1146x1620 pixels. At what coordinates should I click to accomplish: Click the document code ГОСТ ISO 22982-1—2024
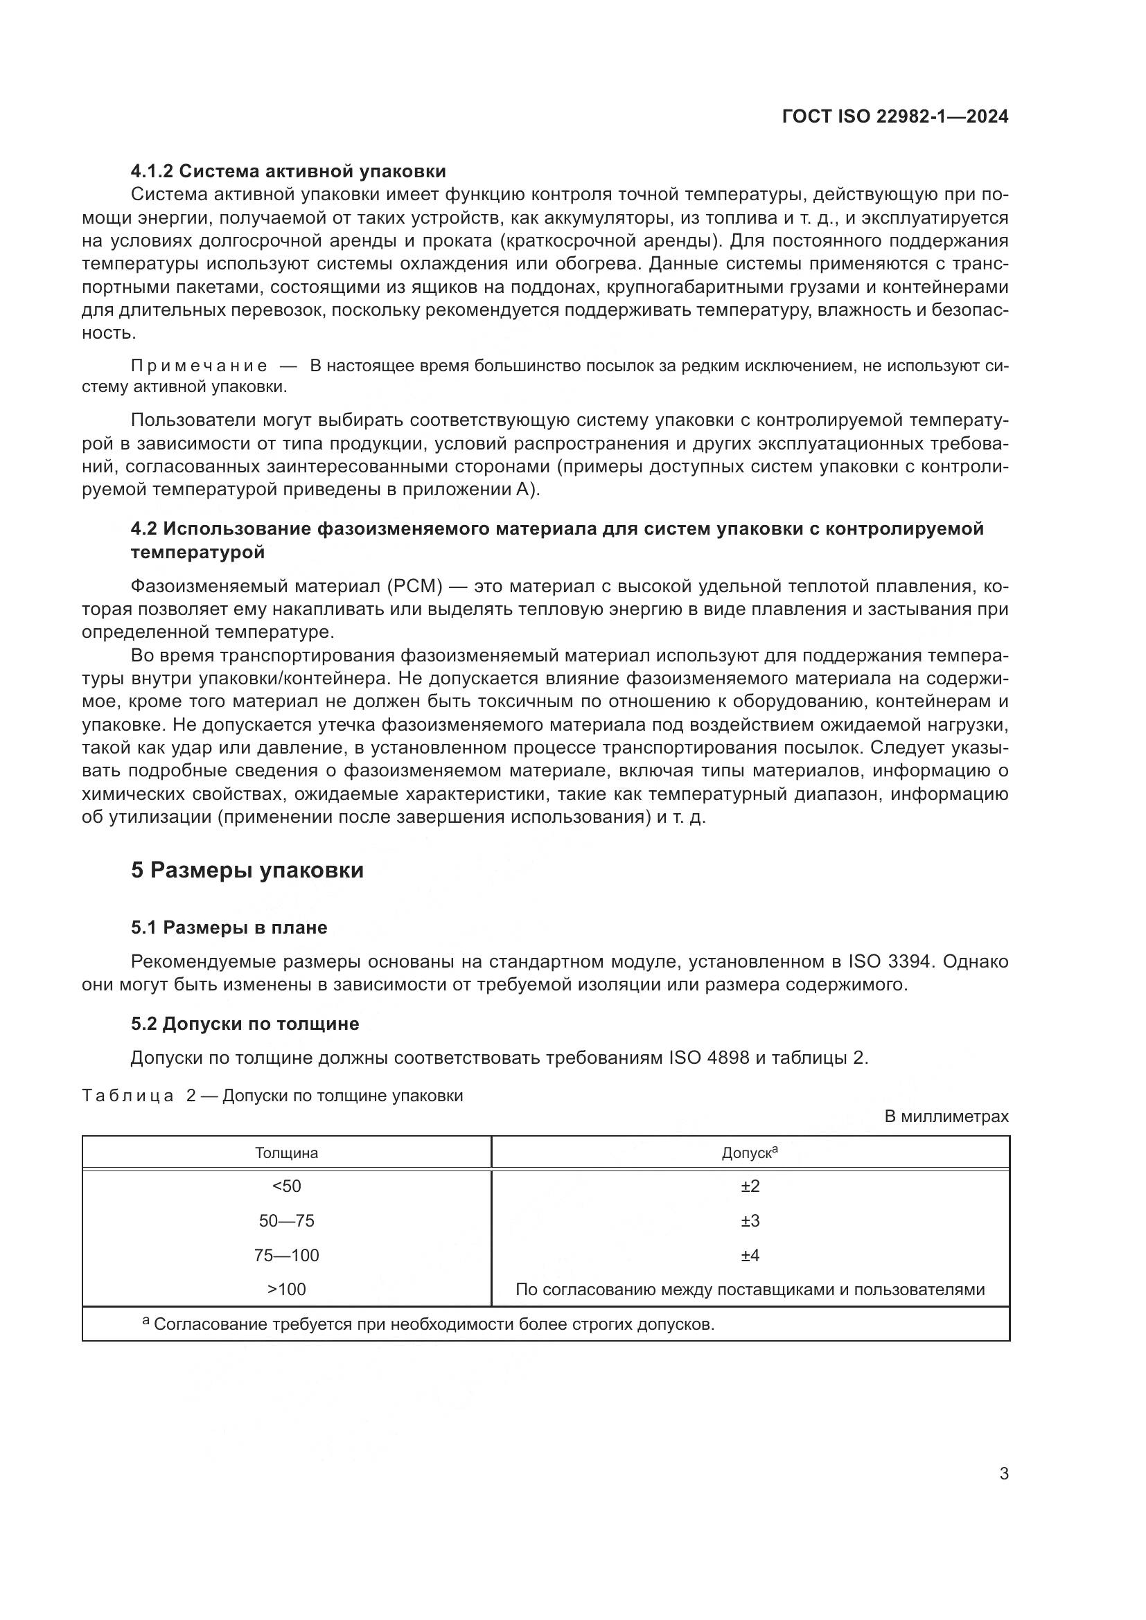pyautogui.click(x=894, y=117)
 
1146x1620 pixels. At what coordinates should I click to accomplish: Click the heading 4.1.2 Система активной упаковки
pyautogui.click(x=288, y=172)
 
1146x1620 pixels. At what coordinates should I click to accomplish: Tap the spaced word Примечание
pyautogui.click(x=200, y=366)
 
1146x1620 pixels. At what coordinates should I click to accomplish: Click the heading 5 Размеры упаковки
pyautogui.click(x=247, y=871)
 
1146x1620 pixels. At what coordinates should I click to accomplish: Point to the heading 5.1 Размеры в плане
pyautogui.click(x=229, y=928)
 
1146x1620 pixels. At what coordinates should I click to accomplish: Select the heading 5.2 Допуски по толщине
pyautogui.click(x=245, y=1024)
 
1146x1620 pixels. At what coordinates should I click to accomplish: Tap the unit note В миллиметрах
pyautogui.click(x=946, y=1117)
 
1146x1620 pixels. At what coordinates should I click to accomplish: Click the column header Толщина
pyautogui.click(x=287, y=1154)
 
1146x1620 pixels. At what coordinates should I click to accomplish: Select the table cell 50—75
pyautogui.click(x=287, y=1221)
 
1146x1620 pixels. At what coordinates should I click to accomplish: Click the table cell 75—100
pyautogui.click(x=287, y=1256)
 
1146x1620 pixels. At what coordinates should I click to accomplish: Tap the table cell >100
pyautogui.click(x=287, y=1290)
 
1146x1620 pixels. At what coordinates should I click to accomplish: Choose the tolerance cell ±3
pyautogui.click(x=750, y=1221)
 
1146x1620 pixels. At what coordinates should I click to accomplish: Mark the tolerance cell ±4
pyautogui.click(x=750, y=1256)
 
